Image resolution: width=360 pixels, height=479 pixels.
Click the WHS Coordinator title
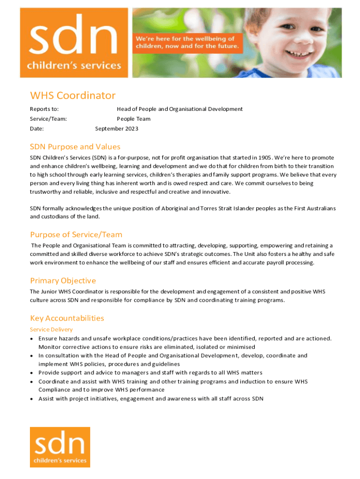tap(72, 95)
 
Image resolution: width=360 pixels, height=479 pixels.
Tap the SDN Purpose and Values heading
tap(75, 146)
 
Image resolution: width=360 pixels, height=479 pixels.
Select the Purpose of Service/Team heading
tap(76, 234)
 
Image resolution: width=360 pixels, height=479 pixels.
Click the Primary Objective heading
tap(63, 281)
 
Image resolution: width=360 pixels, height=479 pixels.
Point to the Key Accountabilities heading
tap(67, 318)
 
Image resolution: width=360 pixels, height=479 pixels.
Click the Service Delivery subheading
tap(51, 329)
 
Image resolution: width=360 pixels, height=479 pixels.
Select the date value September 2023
tap(116, 129)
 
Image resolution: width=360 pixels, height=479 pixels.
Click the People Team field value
tap(134, 119)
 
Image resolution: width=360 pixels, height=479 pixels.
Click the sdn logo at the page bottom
tap(60, 447)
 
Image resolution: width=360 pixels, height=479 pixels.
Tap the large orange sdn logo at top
tap(74, 43)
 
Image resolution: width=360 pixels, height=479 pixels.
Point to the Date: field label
tap(37, 129)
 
